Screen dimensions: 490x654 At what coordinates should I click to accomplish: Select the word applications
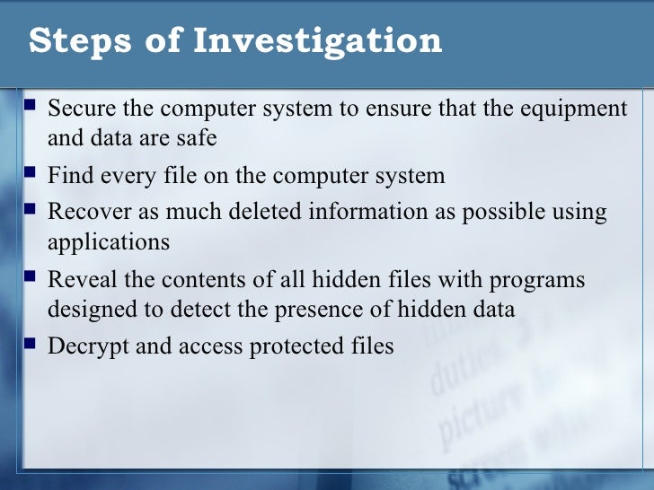108,242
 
